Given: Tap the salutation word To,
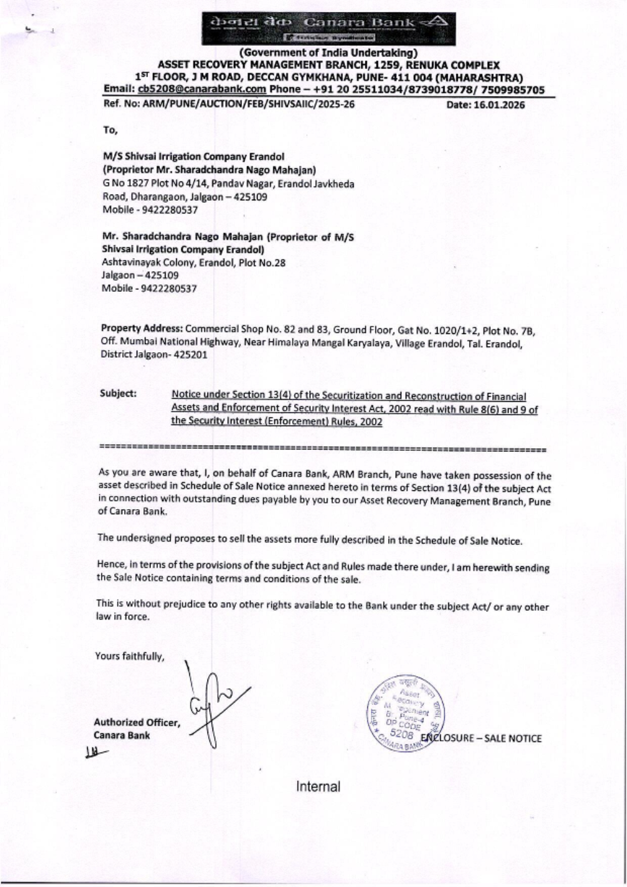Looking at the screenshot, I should [x=110, y=130].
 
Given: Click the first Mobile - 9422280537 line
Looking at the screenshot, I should [x=150, y=210].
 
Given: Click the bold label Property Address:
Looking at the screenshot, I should [x=142, y=328].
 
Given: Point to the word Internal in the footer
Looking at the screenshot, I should [x=319, y=787].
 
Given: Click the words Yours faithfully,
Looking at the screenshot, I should [x=130, y=657].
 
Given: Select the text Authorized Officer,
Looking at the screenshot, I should [x=137, y=723].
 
